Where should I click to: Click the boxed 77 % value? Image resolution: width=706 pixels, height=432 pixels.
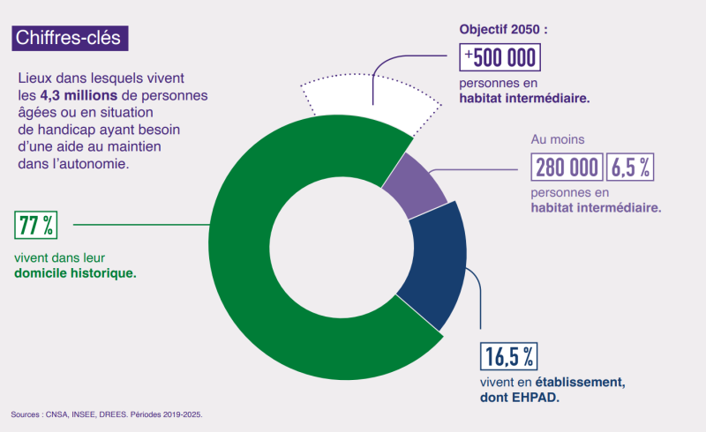point(36,226)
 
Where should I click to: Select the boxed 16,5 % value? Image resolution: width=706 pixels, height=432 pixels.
point(508,357)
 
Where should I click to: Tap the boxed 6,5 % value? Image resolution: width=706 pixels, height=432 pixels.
point(633,166)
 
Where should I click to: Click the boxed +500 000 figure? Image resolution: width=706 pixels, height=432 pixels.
point(500,57)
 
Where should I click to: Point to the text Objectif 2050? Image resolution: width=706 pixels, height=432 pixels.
point(503,28)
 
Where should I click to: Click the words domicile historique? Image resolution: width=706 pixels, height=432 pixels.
point(75,274)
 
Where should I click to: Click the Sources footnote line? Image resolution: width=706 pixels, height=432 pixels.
point(112,413)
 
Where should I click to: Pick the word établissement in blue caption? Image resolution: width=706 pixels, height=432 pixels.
point(583,382)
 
